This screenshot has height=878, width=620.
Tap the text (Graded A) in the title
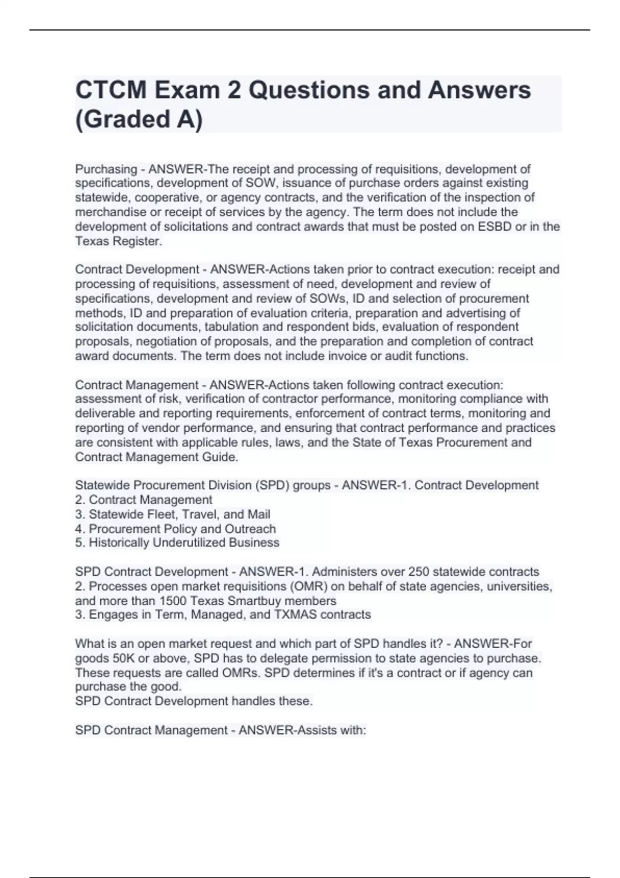click(x=139, y=120)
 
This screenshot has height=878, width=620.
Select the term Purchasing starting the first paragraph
click(x=106, y=169)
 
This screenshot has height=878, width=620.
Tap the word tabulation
click(x=230, y=327)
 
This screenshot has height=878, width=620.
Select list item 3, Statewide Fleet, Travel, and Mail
click(x=173, y=514)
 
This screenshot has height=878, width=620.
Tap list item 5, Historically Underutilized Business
click(x=177, y=543)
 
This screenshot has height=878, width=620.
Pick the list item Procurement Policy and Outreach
click(x=176, y=529)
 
